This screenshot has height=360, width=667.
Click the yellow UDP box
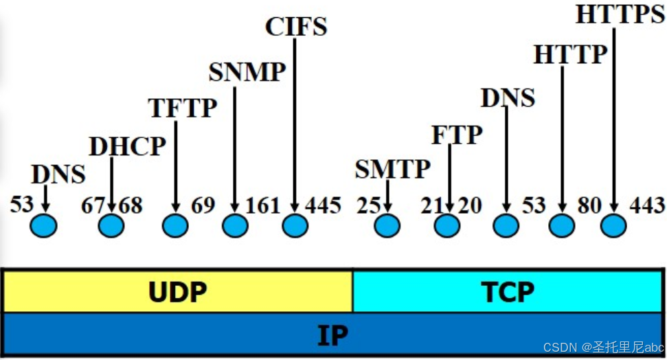pos(177,292)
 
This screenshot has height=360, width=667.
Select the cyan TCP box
pos(508,292)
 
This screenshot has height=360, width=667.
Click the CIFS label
pos(296,26)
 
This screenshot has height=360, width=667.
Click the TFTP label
pos(183,108)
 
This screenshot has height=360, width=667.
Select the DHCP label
pos(128,146)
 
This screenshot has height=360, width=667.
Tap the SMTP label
pos(392,168)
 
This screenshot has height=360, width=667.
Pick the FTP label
pos(457,135)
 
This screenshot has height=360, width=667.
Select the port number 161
pos(263,205)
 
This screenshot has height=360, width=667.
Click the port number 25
pos(368,205)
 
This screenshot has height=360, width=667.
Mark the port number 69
pos(203,205)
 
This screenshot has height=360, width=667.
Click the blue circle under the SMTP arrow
pos(388,225)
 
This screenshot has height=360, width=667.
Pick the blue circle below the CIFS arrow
pos(295,225)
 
